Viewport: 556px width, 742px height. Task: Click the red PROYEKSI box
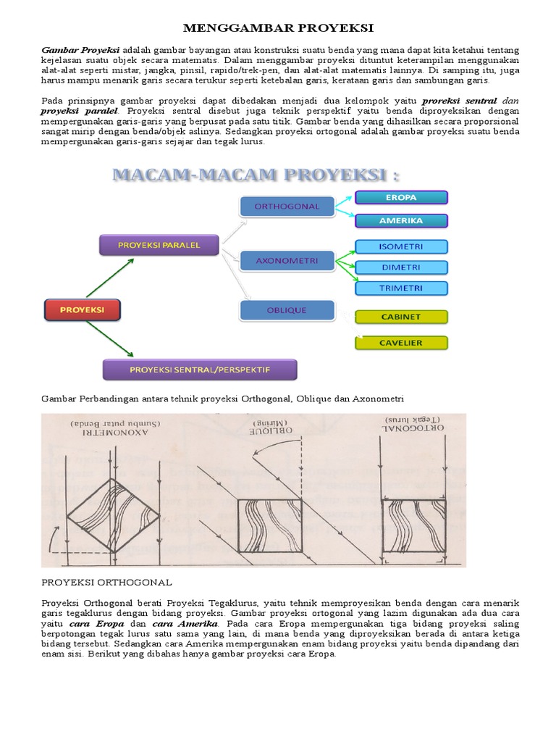pyautogui.click(x=82, y=309)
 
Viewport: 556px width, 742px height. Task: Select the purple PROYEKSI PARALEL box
pyautogui.click(x=159, y=246)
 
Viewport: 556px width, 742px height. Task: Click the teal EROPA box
pyautogui.click(x=401, y=197)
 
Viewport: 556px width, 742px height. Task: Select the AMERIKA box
pyautogui.click(x=401, y=220)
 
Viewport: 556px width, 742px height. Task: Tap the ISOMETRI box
pyautogui.click(x=401, y=246)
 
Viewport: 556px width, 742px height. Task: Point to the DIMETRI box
pyautogui.click(x=401, y=267)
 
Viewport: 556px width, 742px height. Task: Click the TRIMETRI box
pyautogui.click(x=401, y=288)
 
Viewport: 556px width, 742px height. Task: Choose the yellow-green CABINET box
pyautogui.click(x=401, y=317)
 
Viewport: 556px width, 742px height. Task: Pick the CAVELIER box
pyautogui.click(x=401, y=343)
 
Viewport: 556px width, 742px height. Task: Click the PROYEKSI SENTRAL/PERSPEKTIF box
pyautogui.click(x=199, y=370)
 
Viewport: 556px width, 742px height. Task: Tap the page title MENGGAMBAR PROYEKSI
pyautogui.click(x=278, y=28)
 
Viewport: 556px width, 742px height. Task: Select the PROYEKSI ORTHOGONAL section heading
pyautogui.click(x=106, y=582)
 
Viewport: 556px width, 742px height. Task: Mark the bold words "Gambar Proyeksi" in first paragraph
pyautogui.click(x=80, y=49)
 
